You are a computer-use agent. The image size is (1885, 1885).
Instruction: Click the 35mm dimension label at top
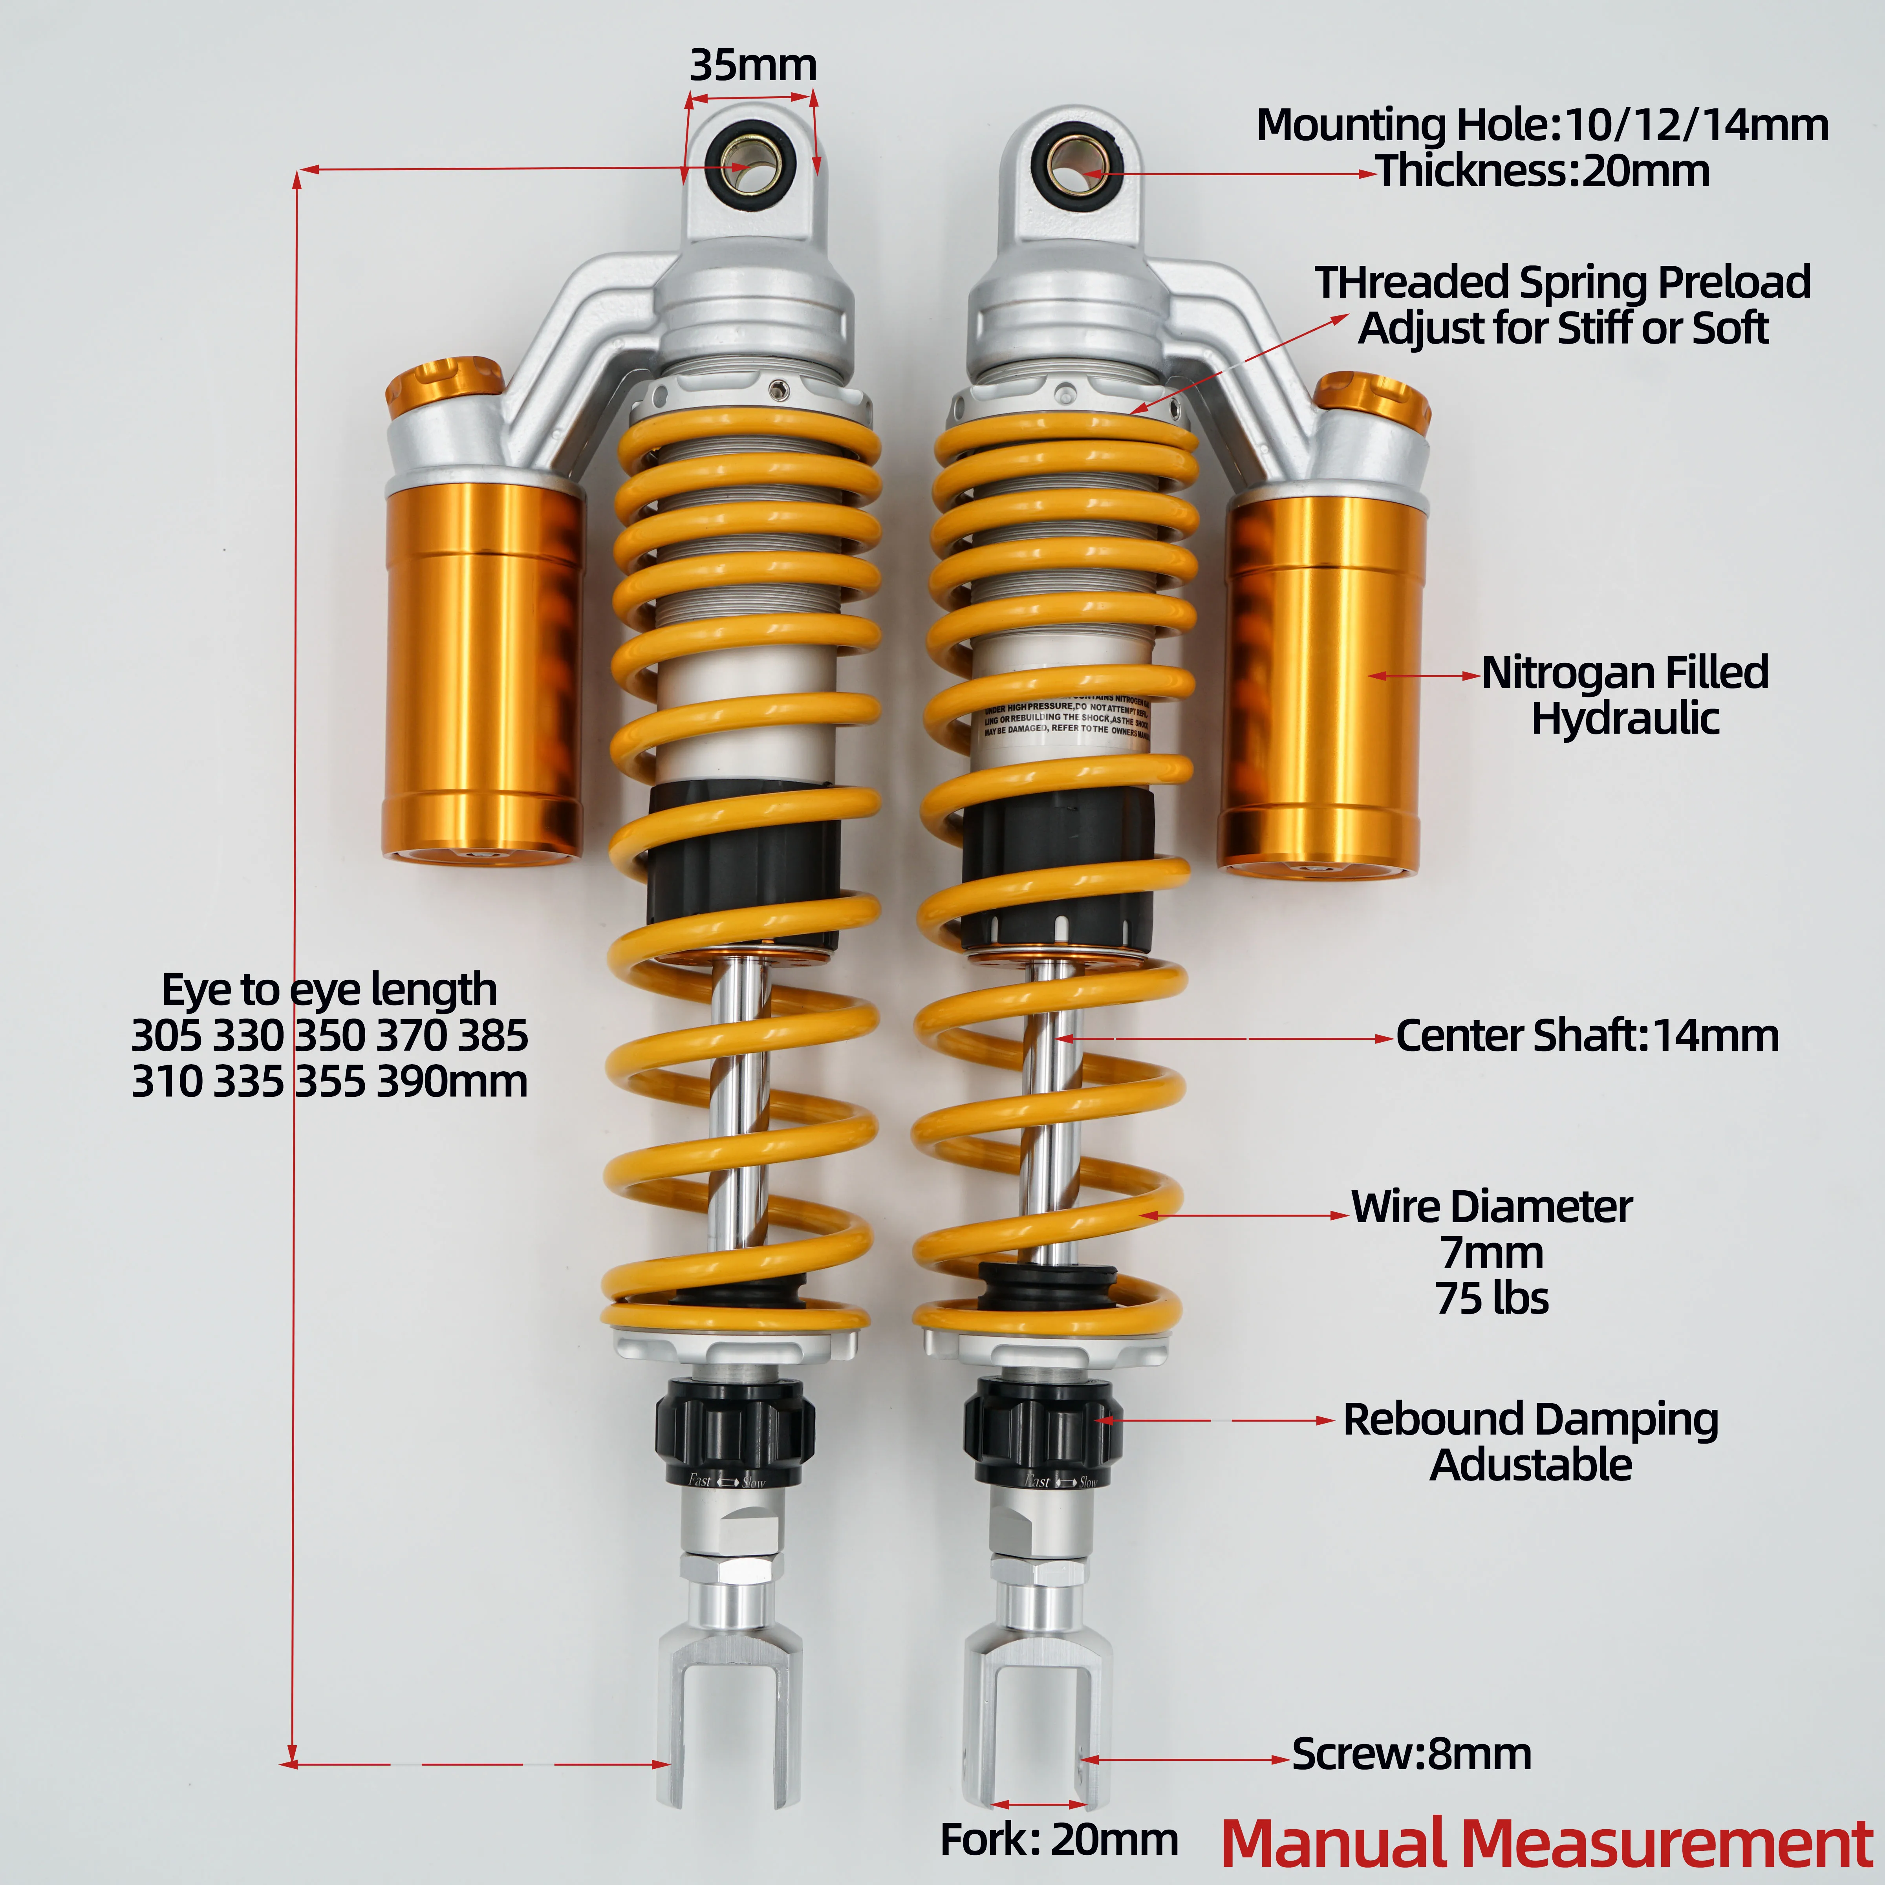coord(752,65)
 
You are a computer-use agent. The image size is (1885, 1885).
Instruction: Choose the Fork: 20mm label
coord(1059,1839)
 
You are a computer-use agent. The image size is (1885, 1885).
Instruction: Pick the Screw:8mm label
coord(1411,1753)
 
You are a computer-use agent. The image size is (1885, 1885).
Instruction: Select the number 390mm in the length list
coord(452,1081)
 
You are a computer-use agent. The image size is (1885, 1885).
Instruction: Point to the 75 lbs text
coord(1492,1299)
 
